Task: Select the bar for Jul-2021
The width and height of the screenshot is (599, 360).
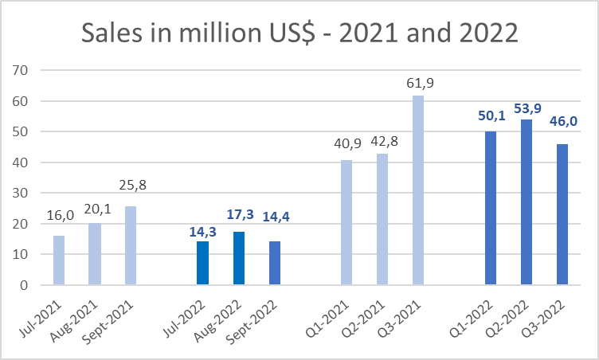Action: point(59,260)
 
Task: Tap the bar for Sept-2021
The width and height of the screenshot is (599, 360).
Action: point(131,245)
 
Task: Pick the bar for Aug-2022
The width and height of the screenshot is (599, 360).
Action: point(238,258)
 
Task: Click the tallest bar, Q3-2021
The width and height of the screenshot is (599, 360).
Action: point(417,190)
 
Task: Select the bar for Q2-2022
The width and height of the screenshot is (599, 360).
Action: point(526,202)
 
